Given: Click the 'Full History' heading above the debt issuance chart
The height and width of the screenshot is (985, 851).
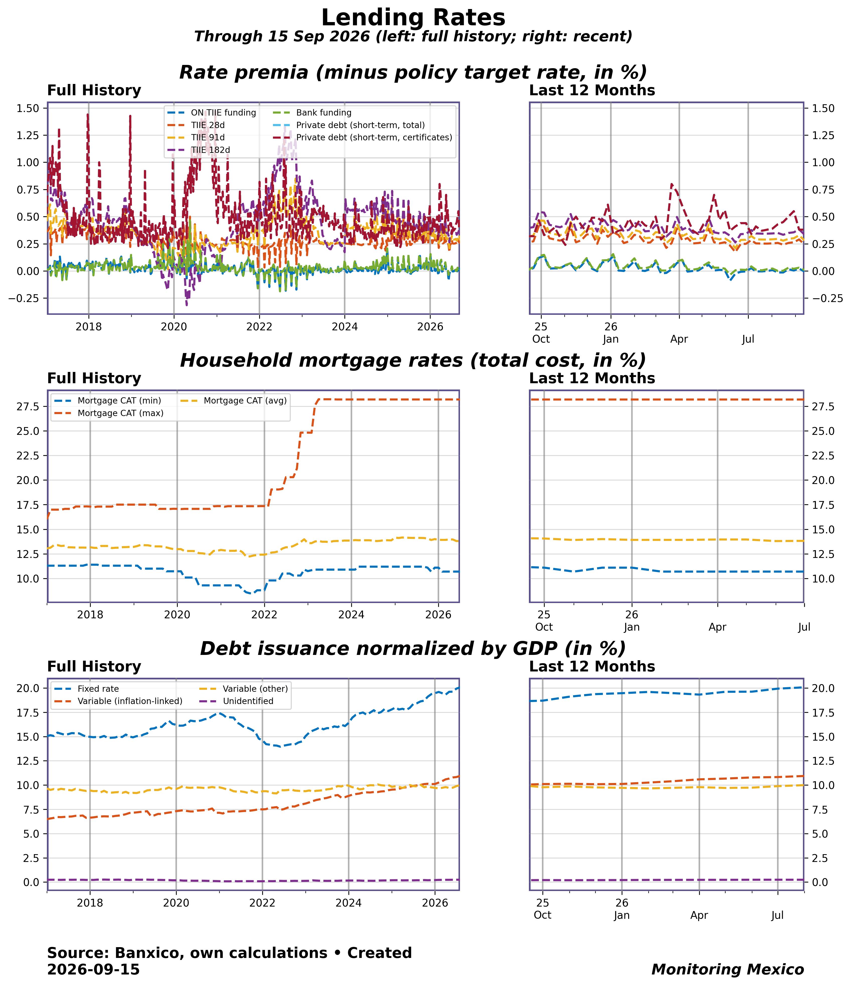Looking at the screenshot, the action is tap(94, 666).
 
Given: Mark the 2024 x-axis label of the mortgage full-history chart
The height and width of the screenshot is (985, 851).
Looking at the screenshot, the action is tap(351, 615).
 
